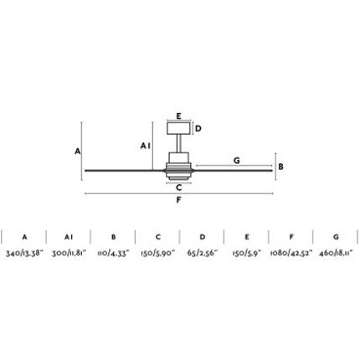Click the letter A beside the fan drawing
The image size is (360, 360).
78,152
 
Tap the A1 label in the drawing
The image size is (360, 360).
146,146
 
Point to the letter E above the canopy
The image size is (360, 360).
179,116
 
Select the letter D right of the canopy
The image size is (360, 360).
198,129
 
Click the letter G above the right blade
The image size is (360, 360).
236,161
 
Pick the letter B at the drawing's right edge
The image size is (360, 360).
280,167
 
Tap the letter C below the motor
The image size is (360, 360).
179,188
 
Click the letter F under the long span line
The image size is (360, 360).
179,200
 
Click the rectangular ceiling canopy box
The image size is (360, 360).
178,128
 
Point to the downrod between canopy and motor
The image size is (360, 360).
179,143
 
